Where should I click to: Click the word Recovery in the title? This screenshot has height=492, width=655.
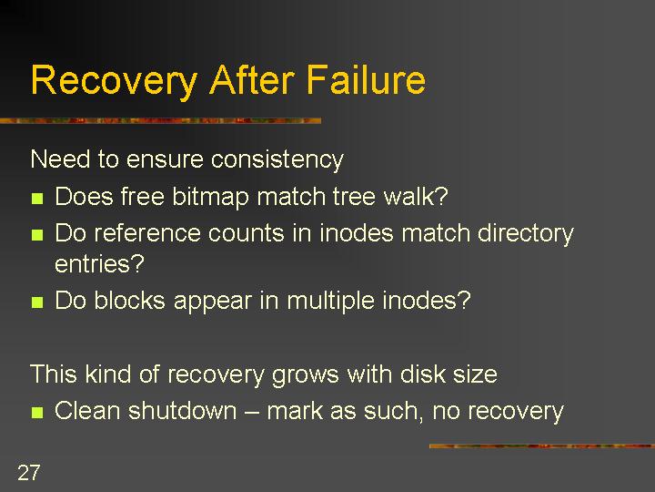[114, 81]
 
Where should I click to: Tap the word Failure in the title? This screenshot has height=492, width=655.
[366, 79]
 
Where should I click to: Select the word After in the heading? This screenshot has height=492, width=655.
[252, 79]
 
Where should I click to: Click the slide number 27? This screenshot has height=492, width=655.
[29, 473]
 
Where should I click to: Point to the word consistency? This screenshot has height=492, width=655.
[277, 159]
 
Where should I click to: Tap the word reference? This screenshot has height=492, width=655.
[147, 232]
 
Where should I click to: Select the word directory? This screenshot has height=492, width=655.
[526, 233]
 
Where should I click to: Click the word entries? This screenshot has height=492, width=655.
[99, 263]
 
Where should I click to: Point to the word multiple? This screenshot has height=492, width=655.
[330, 302]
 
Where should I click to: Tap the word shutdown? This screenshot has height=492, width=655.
[183, 410]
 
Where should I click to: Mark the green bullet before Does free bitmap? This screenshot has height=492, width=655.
[37, 198]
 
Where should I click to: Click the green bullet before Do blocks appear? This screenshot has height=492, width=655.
[37, 302]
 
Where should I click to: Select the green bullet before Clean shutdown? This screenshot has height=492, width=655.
[37, 413]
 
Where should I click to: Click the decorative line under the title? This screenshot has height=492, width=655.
[161, 121]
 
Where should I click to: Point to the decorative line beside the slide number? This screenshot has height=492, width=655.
[542, 446]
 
